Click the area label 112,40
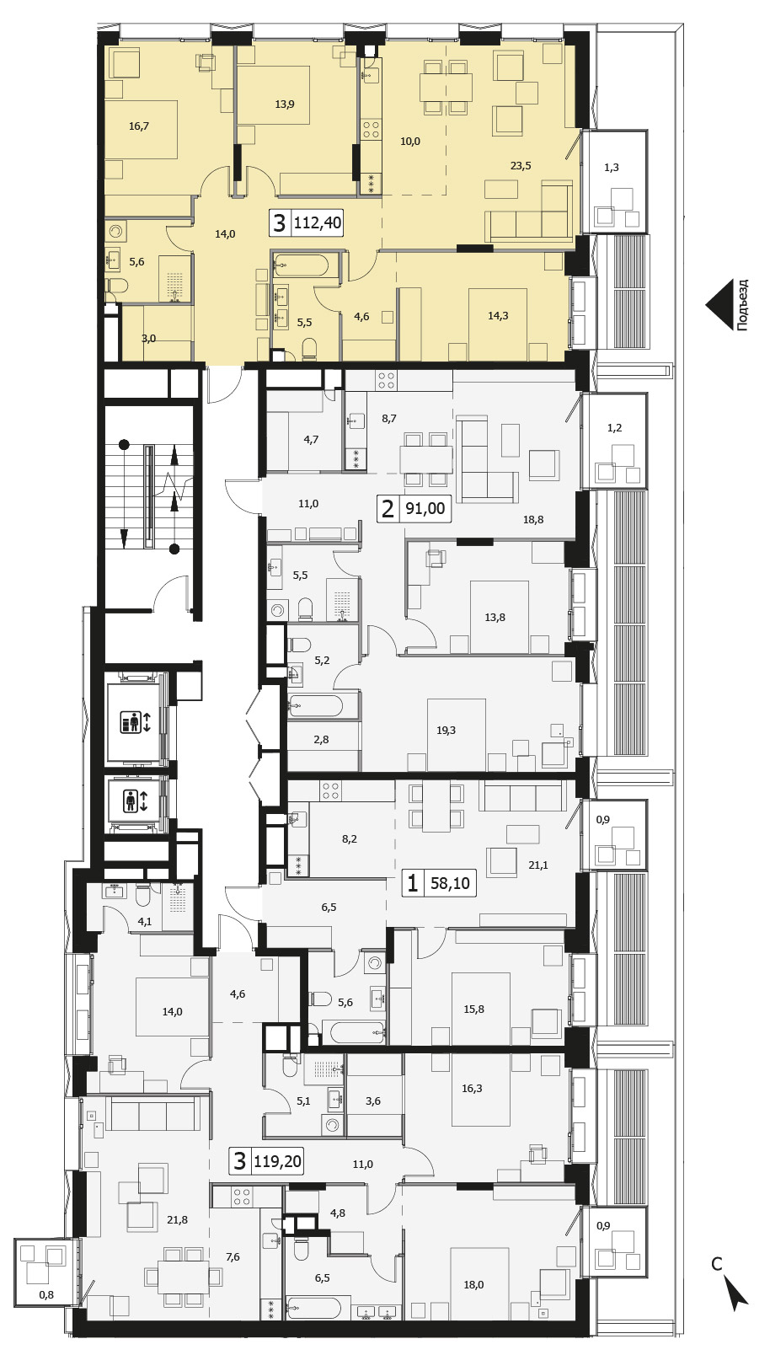318,224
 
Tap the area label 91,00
425,508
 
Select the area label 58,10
450,883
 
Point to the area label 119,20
278,1161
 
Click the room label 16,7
139,126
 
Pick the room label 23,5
521,165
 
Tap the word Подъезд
743,304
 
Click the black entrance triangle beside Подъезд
719,305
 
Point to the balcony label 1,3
612,168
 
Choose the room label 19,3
446,730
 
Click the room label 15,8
473,1009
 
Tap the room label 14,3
498,315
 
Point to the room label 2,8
321,739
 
